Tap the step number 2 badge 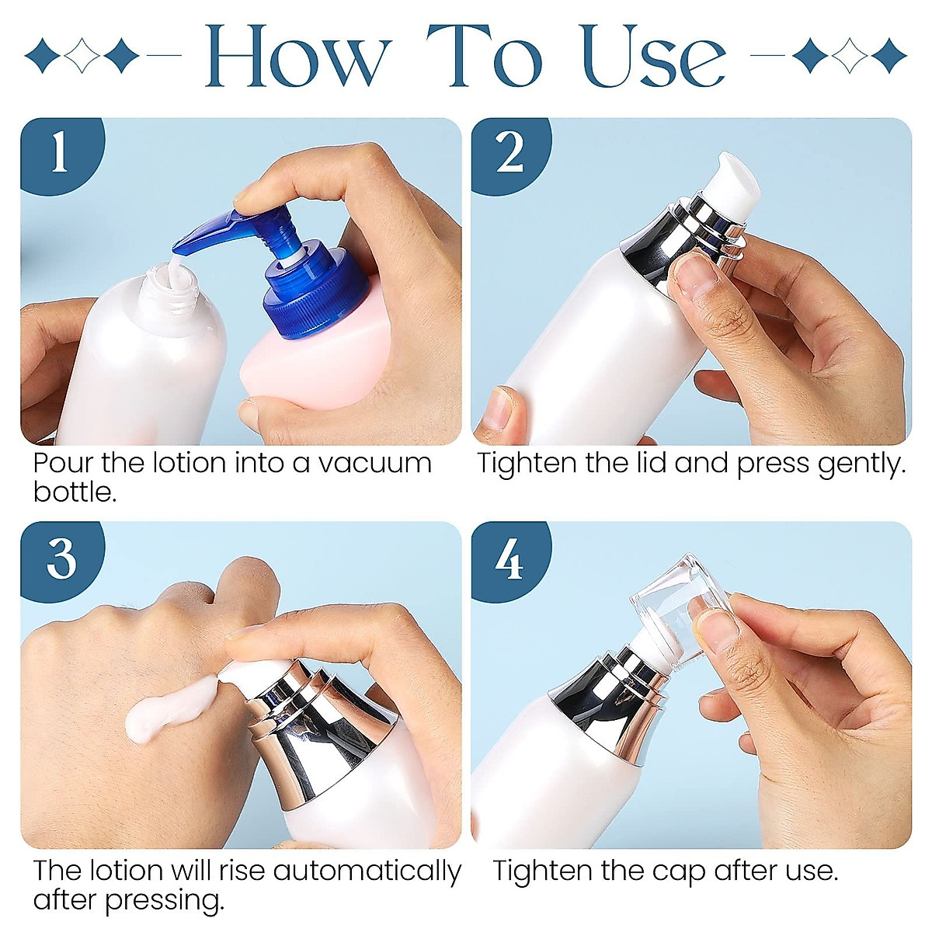pos(509,153)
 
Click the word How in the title pos(298,56)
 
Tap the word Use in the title pos(654,56)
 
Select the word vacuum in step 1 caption pos(375,464)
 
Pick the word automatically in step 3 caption pos(367,872)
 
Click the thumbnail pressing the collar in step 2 pos(697,276)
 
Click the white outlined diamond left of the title pos(82,56)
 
